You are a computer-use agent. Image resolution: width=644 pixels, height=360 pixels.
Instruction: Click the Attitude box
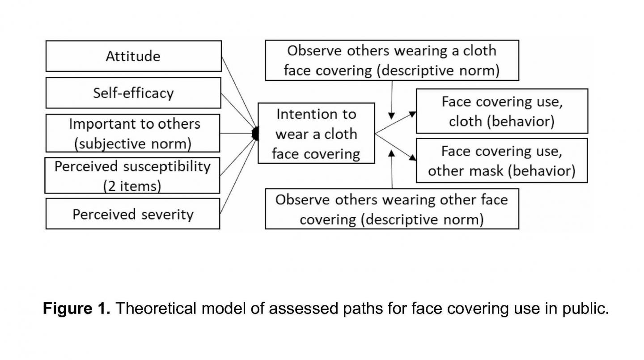tap(133, 56)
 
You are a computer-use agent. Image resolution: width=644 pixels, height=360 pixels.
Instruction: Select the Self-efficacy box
tap(133, 93)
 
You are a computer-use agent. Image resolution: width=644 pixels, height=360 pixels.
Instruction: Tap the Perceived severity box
tap(133, 214)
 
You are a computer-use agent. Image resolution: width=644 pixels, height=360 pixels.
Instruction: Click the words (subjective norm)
tap(133, 144)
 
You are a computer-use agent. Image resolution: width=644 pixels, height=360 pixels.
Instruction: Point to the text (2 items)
tap(132, 186)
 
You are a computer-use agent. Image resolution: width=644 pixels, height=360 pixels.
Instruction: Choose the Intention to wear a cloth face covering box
tap(316, 134)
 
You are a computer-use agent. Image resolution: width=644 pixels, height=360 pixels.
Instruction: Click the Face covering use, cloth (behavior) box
tap(502, 111)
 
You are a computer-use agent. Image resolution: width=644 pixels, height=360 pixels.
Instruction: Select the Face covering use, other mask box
tap(501, 161)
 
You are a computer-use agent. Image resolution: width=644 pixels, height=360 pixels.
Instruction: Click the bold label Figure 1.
tap(76, 308)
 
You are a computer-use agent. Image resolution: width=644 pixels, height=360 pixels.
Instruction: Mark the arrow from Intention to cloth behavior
tap(395, 123)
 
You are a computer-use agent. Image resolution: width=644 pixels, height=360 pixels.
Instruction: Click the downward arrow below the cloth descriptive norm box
tap(392, 101)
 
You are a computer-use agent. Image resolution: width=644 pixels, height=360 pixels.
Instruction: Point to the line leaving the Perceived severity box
tap(237, 179)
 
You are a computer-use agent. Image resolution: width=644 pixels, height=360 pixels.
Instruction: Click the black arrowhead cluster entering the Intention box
tap(255, 134)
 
